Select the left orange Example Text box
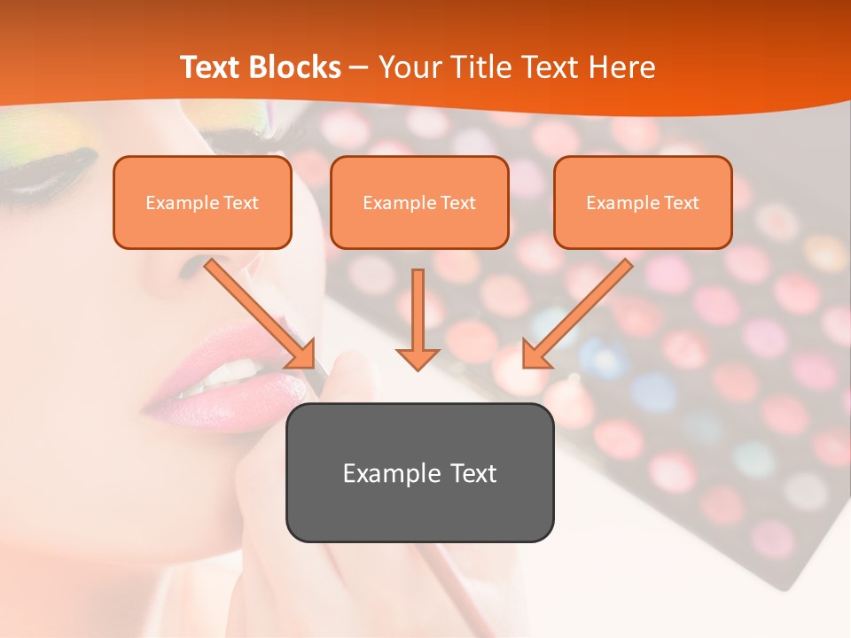(202, 202)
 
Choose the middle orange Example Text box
(419, 202)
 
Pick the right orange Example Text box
(643, 202)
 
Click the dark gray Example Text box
(419, 472)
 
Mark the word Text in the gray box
(473, 473)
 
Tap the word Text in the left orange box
(240, 203)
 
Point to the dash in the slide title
(359, 67)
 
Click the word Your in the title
(410, 67)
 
